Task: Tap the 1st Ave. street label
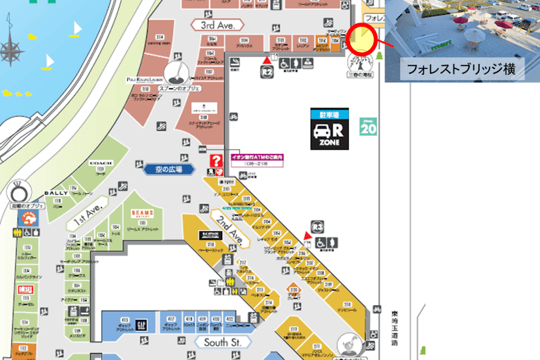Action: (85, 217)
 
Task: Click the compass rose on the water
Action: (11, 49)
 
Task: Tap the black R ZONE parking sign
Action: (330, 129)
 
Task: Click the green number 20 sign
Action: (368, 127)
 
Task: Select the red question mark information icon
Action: (217, 161)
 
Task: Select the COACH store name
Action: (101, 163)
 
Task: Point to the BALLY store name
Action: (56, 193)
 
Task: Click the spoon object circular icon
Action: (176, 71)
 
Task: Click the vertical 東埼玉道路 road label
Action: (394, 327)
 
